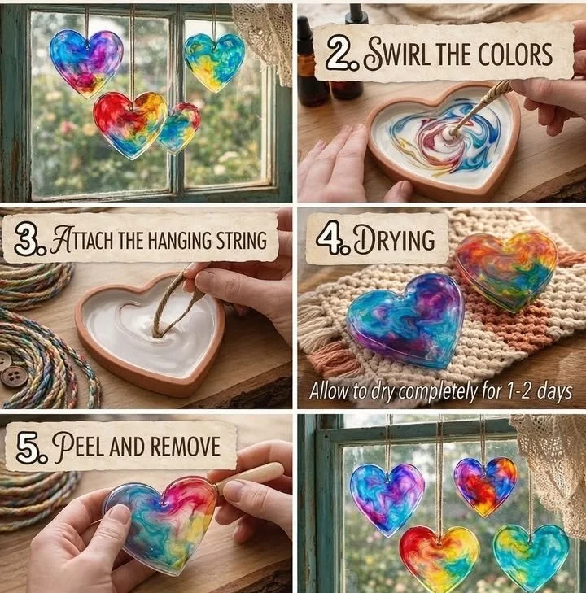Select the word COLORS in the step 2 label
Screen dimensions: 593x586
(515, 55)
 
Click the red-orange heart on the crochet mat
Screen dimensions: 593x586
(506, 270)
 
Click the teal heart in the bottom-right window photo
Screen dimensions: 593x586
(531, 556)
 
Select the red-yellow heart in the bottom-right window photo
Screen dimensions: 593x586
(439, 558)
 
